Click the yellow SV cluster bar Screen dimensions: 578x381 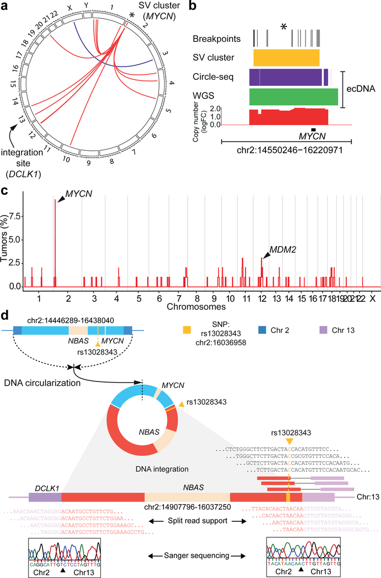point(286,57)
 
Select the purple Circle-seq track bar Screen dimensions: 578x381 point(285,76)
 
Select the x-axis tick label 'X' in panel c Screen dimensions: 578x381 point(373,298)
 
